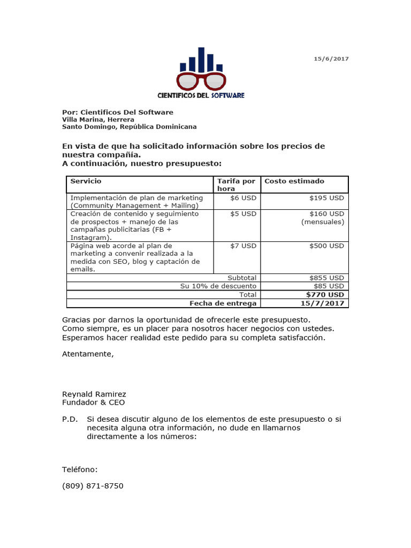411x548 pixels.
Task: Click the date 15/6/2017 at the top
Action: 331,59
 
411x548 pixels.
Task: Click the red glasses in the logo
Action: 201,82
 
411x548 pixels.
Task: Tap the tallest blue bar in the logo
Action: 201,59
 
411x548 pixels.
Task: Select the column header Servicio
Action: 86,181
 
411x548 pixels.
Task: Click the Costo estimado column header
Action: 294,181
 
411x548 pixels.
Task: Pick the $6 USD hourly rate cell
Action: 243,198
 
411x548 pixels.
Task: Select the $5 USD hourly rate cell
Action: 243,214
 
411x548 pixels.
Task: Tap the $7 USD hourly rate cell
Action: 243,246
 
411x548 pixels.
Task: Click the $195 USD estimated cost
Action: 326,198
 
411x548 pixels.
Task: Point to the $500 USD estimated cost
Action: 326,246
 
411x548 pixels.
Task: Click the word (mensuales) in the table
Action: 323,222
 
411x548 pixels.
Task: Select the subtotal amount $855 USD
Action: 326,278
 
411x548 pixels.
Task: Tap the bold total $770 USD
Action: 325,295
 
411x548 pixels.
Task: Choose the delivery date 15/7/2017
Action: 323,303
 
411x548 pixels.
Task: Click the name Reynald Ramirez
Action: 94,394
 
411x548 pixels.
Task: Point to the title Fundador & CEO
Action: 94,402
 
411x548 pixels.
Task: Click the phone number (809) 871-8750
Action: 93,486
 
